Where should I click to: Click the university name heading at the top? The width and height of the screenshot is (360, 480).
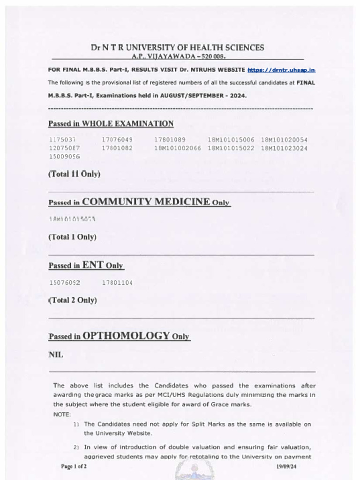[177, 47]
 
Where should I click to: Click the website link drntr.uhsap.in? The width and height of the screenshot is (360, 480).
[281, 70]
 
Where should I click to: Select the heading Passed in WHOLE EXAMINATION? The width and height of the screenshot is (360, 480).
[111, 124]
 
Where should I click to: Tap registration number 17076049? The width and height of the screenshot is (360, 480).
[117, 140]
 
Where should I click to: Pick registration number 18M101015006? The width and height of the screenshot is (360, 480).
[231, 140]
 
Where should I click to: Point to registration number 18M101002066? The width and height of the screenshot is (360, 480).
[178, 148]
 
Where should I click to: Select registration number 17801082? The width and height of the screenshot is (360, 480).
[117, 148]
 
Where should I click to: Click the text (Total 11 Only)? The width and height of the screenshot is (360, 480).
[74, 174]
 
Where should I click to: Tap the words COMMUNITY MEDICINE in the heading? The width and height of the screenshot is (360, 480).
[146, 202]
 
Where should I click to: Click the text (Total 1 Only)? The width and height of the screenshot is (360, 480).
[72, 237]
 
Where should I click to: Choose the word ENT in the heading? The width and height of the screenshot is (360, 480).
[92, 265]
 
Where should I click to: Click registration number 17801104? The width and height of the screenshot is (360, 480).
[117, 283]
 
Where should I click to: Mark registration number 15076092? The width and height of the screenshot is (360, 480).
[65, 283]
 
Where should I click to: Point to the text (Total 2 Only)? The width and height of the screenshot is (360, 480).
[73, 300]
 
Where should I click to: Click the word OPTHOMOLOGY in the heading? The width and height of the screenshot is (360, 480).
[126, 336]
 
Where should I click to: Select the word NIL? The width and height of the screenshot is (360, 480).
[56, 355]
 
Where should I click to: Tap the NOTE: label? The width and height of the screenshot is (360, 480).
[62, 414]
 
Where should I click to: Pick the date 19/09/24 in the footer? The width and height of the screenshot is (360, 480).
[286, 466]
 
